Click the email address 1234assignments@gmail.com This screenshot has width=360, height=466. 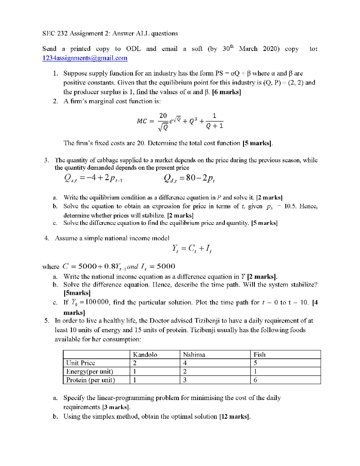85,58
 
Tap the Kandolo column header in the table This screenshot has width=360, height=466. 145,355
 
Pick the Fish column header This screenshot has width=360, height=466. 259,355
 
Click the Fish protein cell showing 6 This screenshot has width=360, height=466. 255,380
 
